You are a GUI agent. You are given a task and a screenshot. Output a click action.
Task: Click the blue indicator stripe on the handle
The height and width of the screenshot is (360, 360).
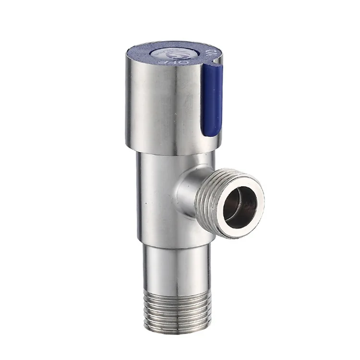(x=212, y=98)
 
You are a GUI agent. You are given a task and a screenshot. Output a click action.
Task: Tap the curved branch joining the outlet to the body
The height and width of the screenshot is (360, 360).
(x=190, y=192)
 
